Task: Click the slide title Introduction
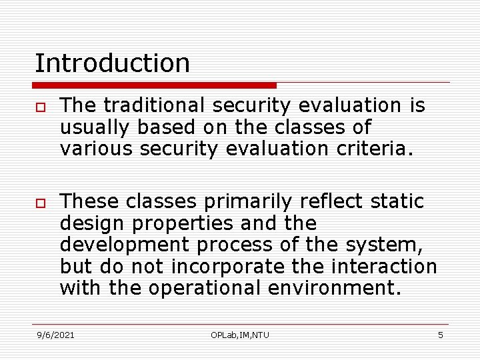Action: pos(112,63)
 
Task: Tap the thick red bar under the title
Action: pos(154,85)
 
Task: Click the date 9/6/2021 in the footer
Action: pos(55,335)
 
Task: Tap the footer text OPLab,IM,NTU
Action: pos(240,335)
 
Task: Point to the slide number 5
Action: pos(440,335)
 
